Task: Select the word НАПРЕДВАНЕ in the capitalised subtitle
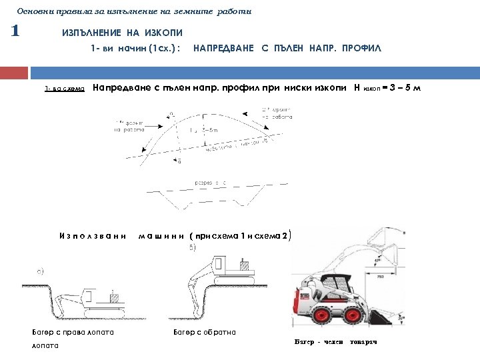223,49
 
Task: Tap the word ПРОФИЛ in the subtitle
363,49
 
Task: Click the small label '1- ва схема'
65,89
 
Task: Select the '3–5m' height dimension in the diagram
208,130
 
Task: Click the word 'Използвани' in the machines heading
93,235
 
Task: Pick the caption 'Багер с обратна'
205,331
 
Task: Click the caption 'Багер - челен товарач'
335,341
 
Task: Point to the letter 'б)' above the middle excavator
192,247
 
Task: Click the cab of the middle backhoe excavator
244,266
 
